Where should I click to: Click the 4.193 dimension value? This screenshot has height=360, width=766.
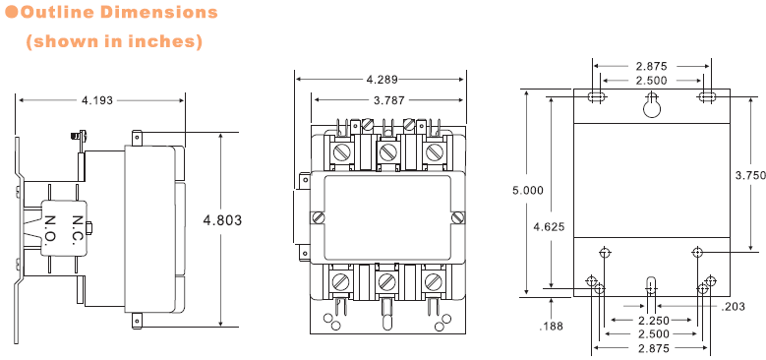point(97,100)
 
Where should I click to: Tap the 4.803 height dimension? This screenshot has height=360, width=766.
point(222,220)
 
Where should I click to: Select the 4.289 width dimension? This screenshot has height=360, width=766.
point(382,79)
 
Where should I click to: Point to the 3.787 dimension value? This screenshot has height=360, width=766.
point(388,100)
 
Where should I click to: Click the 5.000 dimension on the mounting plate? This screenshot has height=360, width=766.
point(528,191)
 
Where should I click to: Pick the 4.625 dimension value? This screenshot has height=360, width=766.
point(549,226)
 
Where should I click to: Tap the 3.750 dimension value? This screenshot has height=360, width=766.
point(751,175)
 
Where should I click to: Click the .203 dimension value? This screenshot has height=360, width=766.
point(734,307)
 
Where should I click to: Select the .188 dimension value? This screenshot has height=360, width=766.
point(551,327)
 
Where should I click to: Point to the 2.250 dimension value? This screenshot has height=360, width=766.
point(653,321)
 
